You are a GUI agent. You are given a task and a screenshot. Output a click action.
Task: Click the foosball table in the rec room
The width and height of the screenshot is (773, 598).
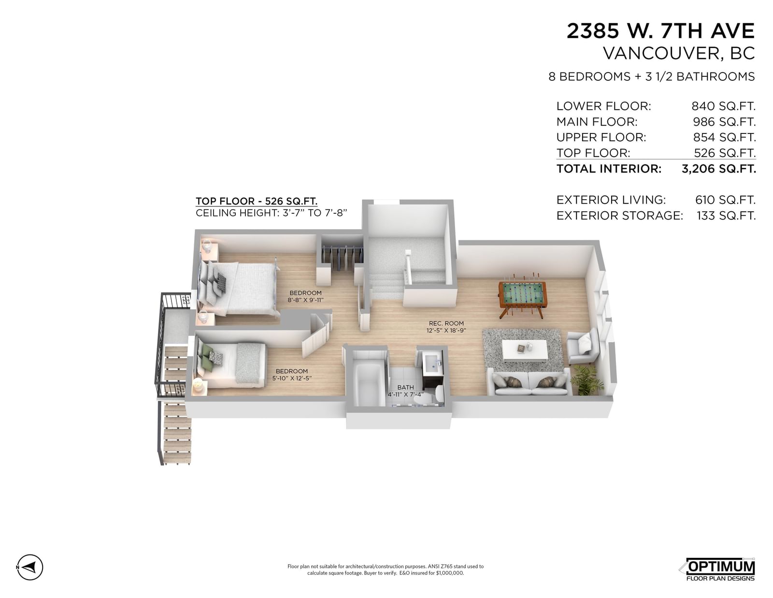522,295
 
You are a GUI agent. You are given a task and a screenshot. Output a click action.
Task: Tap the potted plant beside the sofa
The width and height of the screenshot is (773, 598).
587,380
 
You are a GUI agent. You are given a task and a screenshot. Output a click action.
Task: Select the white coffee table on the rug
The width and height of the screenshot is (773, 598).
524,350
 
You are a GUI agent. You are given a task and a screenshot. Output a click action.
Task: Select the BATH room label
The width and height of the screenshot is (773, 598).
405,387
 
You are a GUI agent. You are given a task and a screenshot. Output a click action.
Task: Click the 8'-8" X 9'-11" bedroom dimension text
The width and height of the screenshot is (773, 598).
305,300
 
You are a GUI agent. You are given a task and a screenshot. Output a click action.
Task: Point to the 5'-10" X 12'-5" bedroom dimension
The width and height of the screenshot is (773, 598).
292,378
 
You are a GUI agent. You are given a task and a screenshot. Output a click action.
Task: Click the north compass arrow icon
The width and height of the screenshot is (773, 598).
30,568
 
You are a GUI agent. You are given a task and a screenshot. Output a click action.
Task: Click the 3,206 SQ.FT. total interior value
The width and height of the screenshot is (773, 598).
718,169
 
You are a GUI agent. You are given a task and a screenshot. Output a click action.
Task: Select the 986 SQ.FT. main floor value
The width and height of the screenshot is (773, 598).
724,122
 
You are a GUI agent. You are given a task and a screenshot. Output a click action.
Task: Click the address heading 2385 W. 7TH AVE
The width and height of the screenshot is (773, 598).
660,31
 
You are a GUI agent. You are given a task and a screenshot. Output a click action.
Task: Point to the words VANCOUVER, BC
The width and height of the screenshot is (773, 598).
679,53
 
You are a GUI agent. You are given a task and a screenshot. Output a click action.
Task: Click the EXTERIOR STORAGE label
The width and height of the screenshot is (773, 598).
620,216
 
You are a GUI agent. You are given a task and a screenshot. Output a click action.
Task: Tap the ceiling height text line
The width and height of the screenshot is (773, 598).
272,213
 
